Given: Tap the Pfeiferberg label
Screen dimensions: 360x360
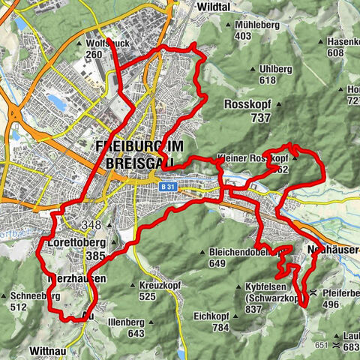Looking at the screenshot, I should [340, 293].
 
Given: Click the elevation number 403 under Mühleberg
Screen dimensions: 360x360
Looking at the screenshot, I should [242, 35].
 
